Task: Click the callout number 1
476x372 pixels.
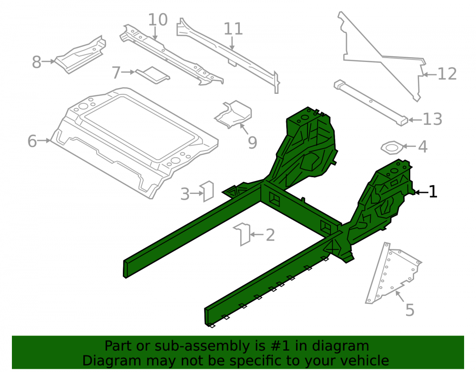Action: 433,192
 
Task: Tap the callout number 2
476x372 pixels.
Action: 270,235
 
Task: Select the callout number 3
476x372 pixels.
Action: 185,194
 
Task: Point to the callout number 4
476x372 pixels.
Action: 423,147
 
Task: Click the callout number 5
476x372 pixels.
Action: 410,310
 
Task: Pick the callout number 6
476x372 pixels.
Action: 32,141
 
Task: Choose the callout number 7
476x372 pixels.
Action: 116,72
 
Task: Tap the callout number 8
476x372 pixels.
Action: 37,62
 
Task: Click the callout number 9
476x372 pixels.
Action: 253,143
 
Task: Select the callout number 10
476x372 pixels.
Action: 158,20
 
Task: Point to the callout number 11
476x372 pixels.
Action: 233,29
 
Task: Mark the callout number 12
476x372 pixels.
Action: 447,74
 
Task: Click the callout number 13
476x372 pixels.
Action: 433,119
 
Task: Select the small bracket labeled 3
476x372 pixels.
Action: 207,191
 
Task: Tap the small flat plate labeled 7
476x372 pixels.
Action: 153,75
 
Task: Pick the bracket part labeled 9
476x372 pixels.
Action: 233,114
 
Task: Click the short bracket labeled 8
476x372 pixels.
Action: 80,55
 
